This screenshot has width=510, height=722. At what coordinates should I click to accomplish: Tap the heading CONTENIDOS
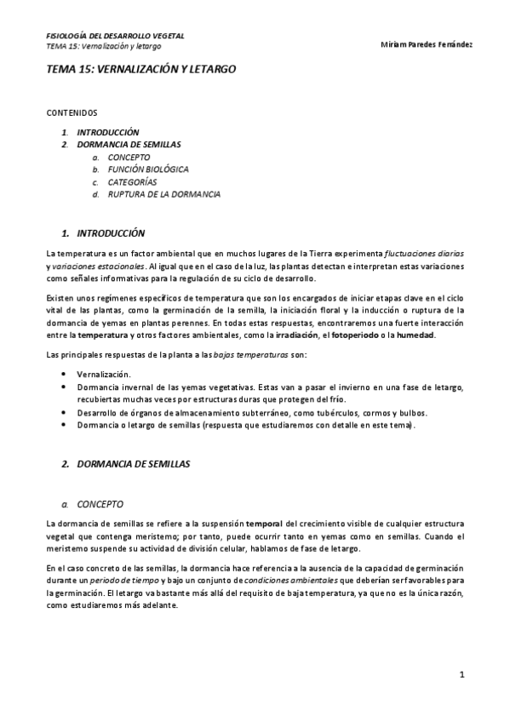(x=72, y=112)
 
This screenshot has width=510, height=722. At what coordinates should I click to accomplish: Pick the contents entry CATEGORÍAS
(x=132, y=182)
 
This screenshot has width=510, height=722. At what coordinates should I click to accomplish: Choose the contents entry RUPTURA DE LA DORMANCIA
(x=163, y=194)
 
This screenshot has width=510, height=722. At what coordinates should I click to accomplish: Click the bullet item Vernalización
(x=105, y=374)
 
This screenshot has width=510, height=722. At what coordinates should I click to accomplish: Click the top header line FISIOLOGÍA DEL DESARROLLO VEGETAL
(x=115, y=36)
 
